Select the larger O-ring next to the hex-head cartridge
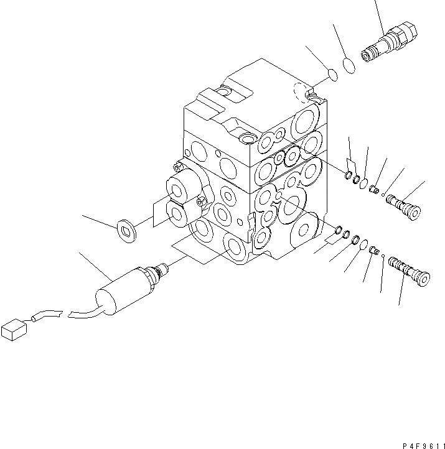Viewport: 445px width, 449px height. point(350,65)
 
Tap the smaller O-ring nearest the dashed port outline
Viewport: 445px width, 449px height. point(334,76)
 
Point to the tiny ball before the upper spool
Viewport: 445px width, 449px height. point(383,193)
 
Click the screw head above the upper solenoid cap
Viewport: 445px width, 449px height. point(178,167)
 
